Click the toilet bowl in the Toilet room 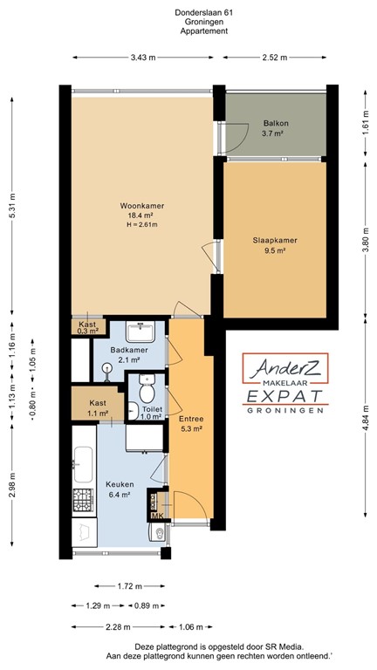pyautogui.click(x=146, y=382)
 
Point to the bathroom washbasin pyautogui.click(x=140, y=332)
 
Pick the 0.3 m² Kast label pyautogui.click(x=87, y=327)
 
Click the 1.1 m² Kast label pyautogui.click(x=98, y=408)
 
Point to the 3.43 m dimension pyautogui.click(x=142, y=58)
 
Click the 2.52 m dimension pyautogui.click(x=274, y=58)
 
